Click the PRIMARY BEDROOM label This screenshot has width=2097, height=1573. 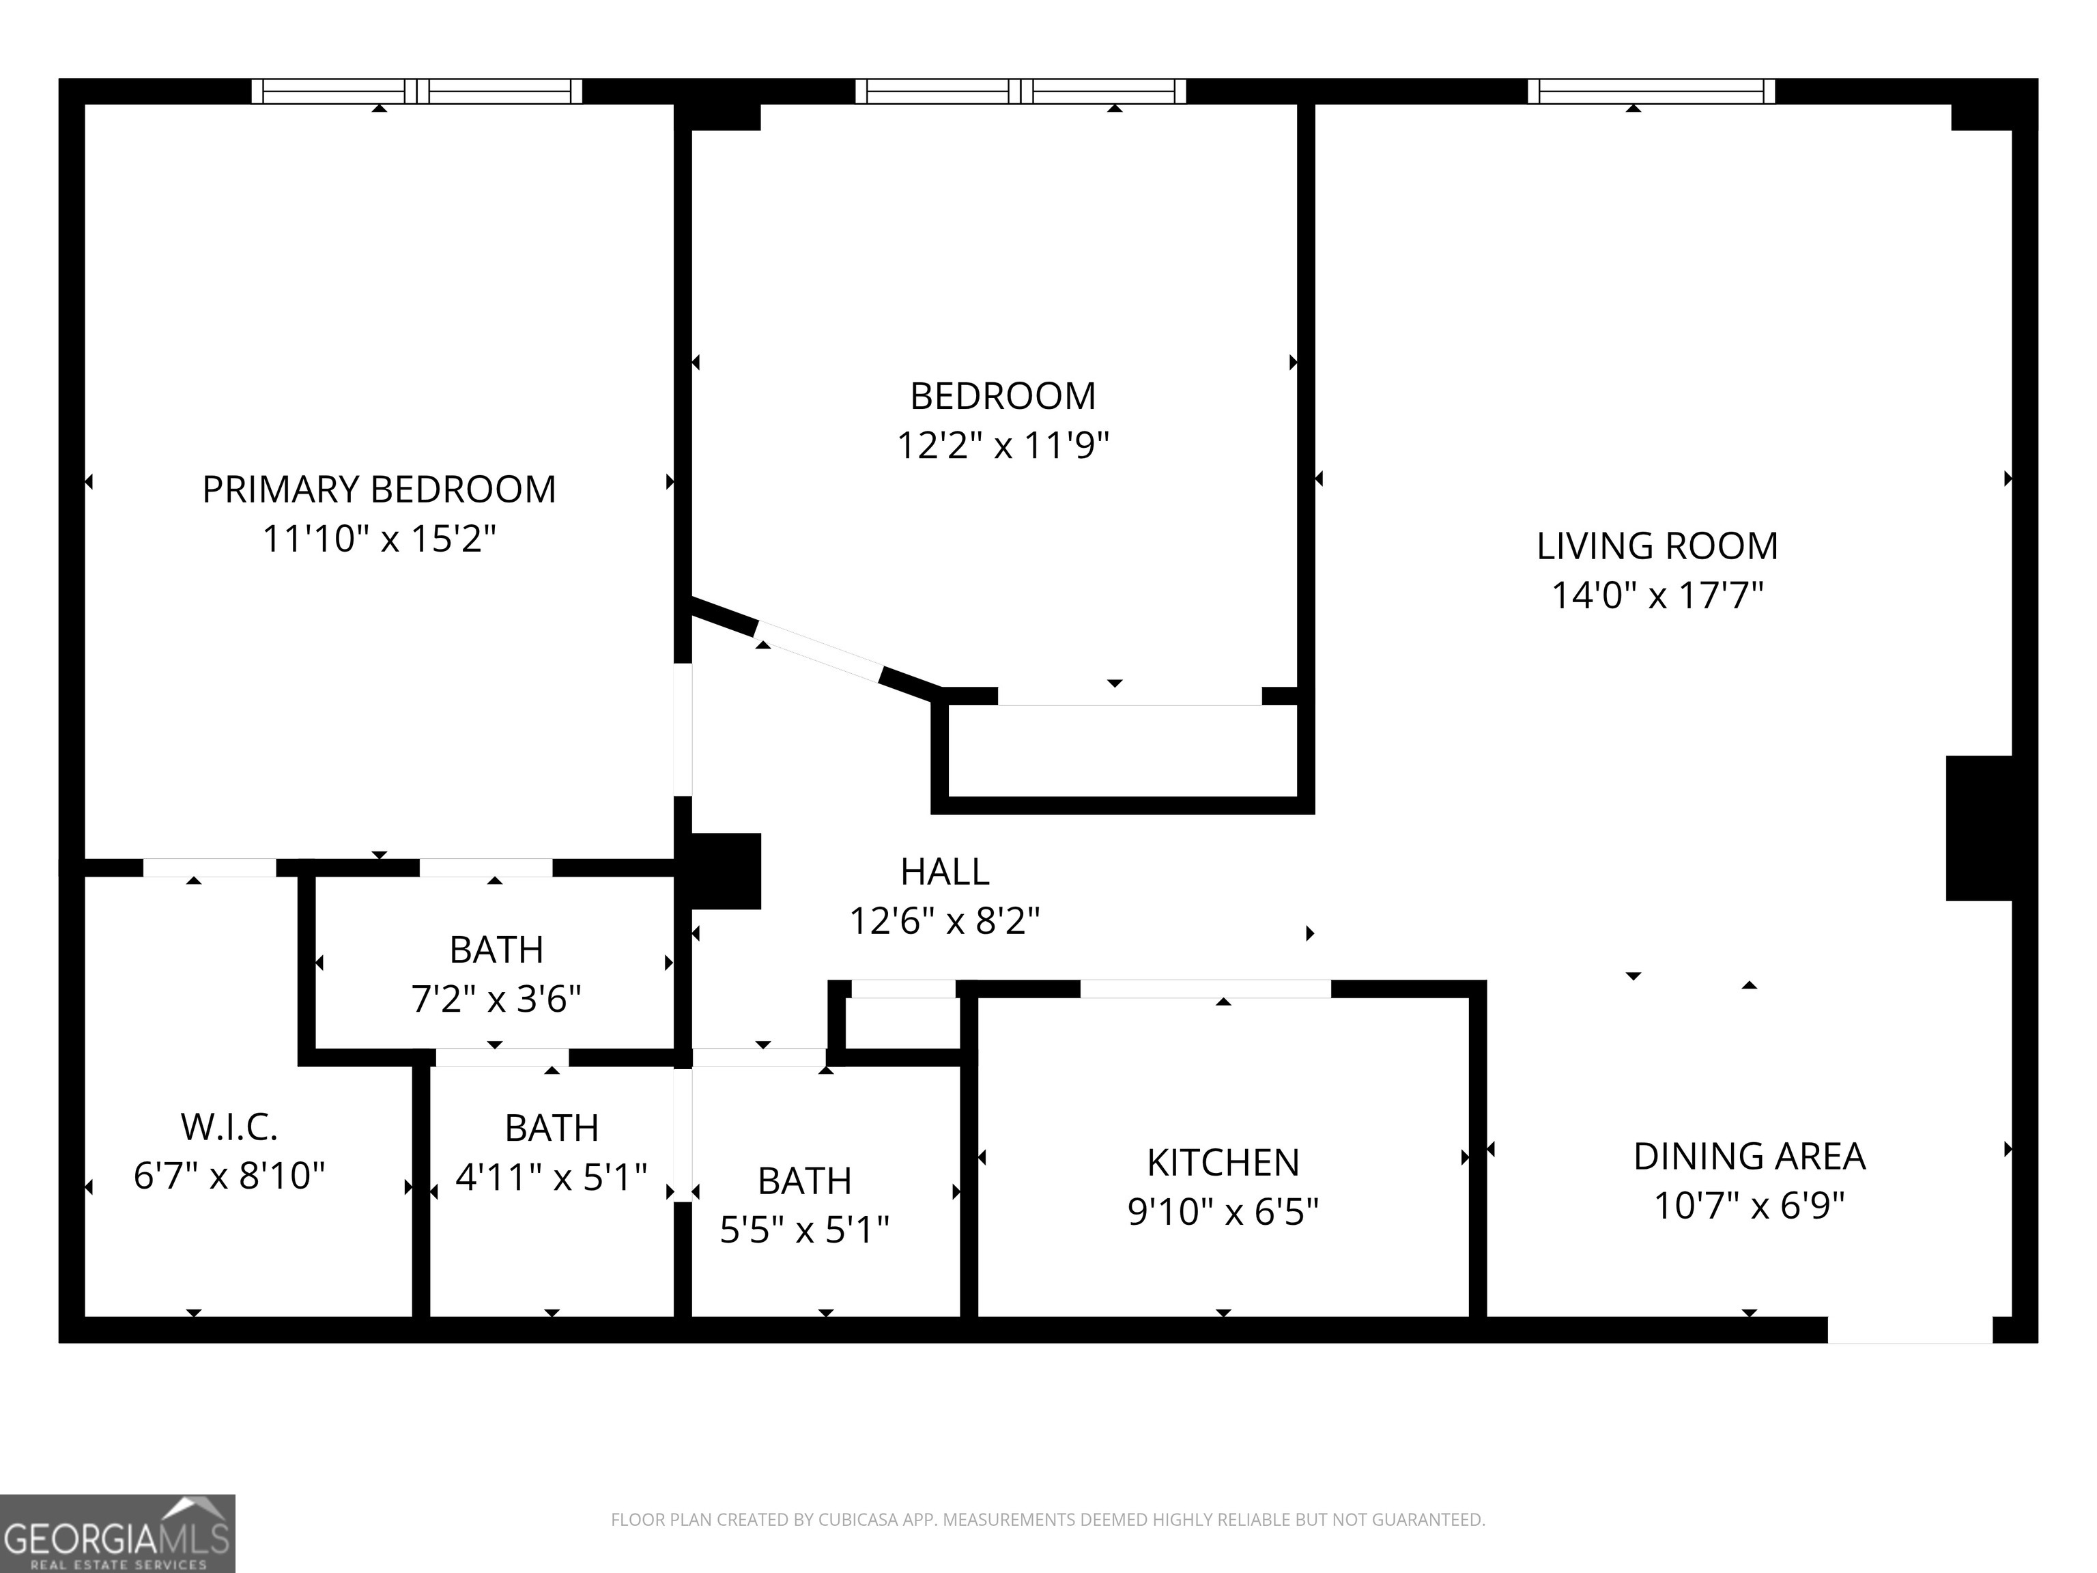(380, 490)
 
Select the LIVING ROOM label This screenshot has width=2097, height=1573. (1657, 546)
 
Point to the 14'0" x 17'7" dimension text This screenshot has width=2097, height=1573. (1657, 595)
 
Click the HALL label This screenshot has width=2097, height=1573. (945, 871)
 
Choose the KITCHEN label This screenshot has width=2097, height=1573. (1223, 1163)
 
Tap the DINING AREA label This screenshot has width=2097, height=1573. (1749, 1157)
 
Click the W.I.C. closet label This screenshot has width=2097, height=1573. (229, 1127)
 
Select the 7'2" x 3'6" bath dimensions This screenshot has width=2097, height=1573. (496, 998)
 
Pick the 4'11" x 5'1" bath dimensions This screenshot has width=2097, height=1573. (552, 1176)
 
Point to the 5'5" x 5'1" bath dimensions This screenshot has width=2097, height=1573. (805, 1230)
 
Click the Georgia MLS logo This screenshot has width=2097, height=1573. (117, 1533)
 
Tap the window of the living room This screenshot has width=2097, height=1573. (1651, 91)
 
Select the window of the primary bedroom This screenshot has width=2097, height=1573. (417, 91)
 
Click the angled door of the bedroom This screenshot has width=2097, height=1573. (819, 651)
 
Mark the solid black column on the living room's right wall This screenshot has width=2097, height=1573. (1978, 827)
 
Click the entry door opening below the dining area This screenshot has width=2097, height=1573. (1910, 1329)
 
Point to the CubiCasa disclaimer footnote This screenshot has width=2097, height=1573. (1048, 1520)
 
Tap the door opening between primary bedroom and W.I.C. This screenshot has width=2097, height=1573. (210, 868)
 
